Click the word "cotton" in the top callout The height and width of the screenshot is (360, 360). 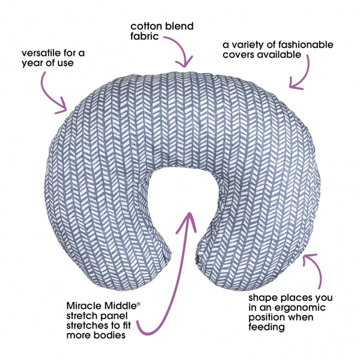[146, 26]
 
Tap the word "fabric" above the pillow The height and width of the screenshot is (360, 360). [145, 36]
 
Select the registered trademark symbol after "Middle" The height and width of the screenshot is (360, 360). [138, 304]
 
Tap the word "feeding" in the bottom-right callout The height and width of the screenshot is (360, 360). [267, 327]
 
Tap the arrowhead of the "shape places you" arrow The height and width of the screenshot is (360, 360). [308, 259]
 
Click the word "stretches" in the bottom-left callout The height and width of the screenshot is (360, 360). [87, 326]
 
